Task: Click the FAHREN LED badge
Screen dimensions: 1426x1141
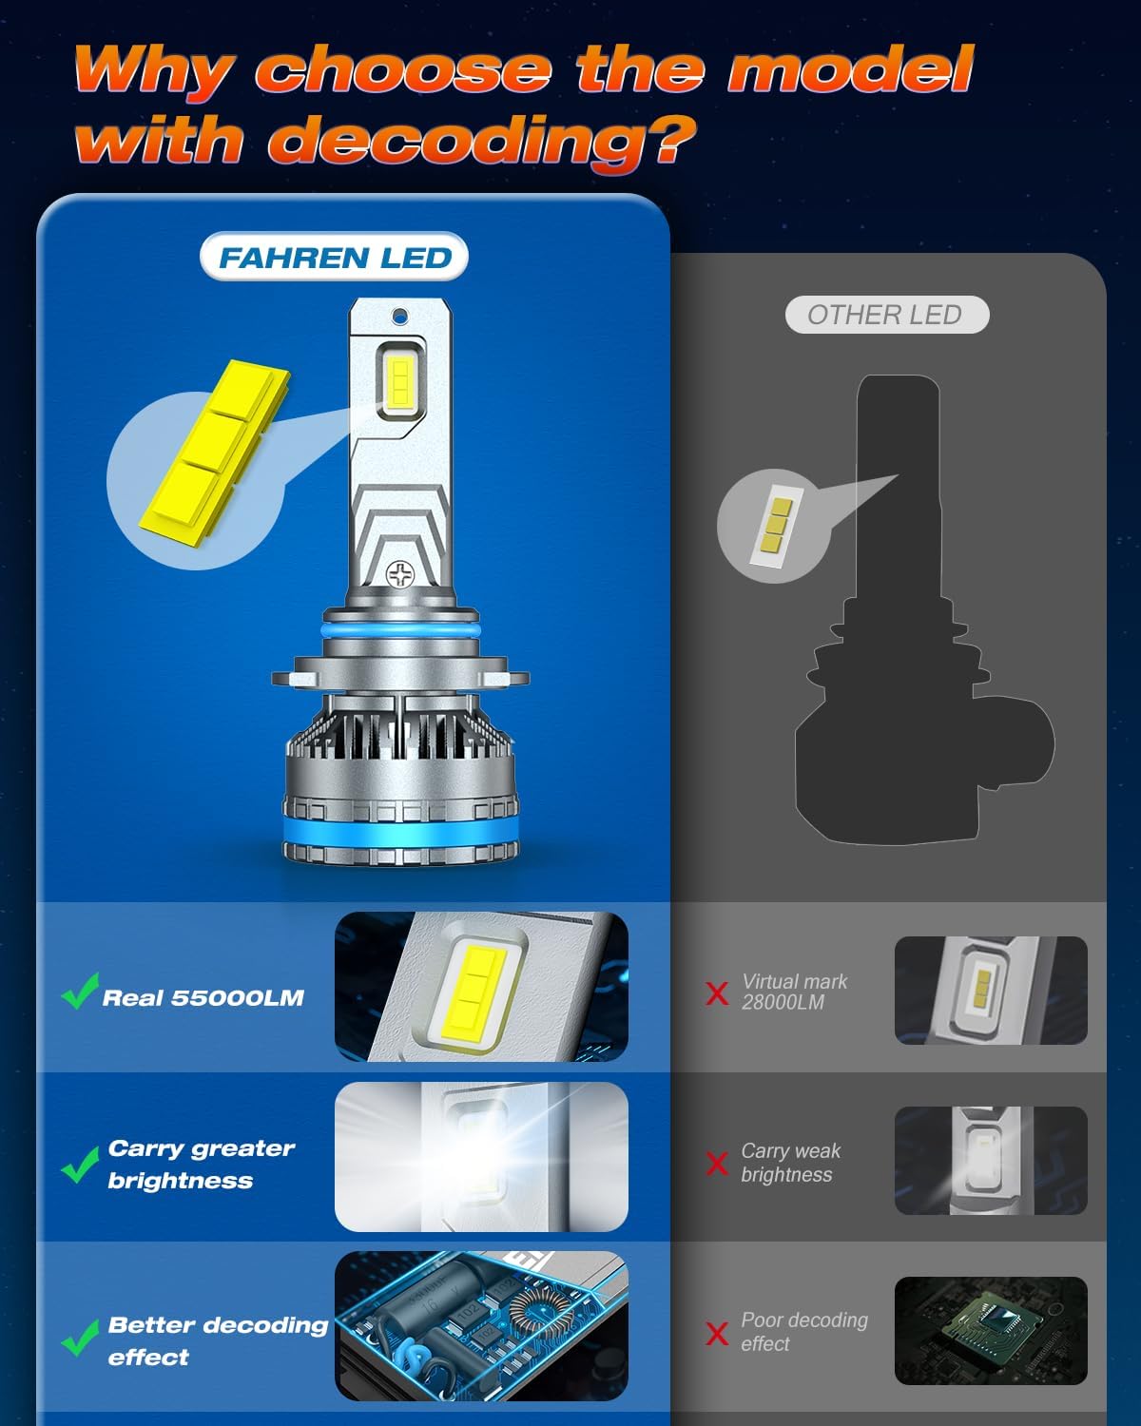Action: [334, 258]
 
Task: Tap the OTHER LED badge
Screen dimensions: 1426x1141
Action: [885, 315]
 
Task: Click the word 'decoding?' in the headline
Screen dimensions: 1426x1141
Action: [481, 141]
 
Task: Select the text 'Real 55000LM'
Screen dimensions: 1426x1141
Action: [203, 998]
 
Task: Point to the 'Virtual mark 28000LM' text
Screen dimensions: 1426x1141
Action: [794, 992]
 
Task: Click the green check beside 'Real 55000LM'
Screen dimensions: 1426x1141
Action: [79, 992]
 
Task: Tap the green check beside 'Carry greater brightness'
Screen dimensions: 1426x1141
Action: [79, 1164]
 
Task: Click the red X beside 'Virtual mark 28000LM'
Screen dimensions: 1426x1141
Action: [717, 993]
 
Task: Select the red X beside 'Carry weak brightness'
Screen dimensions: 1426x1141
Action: [717, 1163]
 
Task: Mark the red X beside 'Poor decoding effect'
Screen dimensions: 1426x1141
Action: [717, 1333]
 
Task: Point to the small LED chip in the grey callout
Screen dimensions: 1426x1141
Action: [774, 525]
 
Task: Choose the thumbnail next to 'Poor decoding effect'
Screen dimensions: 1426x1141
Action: [990, 1330]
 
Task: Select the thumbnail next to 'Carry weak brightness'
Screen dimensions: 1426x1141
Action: [990, 1161]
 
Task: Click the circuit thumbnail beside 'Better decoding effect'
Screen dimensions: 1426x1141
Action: [481, 1325]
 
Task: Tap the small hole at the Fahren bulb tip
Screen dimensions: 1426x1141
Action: [400, 315]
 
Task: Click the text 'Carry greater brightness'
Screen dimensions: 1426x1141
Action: [201, 1164]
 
